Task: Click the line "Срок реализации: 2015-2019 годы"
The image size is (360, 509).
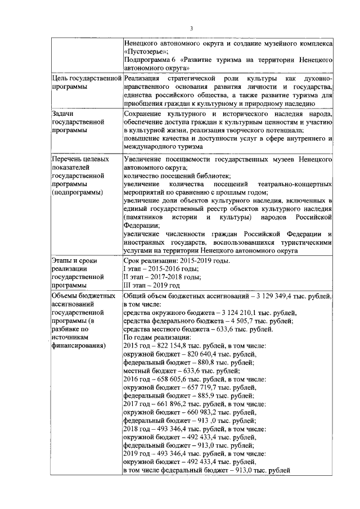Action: tap(177, 261)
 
